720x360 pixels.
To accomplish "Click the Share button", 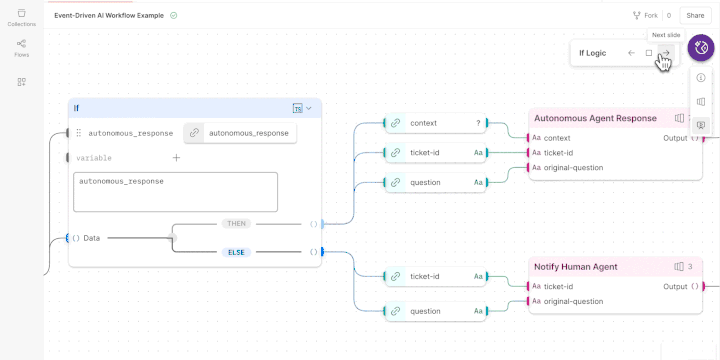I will [693, 15].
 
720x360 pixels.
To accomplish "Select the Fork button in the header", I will [645, 15].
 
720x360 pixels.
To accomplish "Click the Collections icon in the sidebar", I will [21, 17].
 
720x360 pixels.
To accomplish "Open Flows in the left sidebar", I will [21, 48].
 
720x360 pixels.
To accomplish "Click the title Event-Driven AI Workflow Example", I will [109, 15].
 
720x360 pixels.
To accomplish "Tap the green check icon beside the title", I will [174, 15].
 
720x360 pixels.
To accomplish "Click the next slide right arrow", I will [666, 53].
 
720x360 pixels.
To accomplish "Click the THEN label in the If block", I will [236, 224].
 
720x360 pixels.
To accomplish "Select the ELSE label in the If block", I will [236, 252].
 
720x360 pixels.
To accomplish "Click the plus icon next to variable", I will [176, 157].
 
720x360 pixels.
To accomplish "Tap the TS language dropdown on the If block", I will [302, 108].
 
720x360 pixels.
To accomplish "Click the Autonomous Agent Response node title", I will [595, 118].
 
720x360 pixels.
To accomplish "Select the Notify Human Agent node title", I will [575, 267].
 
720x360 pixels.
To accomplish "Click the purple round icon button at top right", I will [700, 48].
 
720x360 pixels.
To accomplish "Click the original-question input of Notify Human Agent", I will [573, 301].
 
